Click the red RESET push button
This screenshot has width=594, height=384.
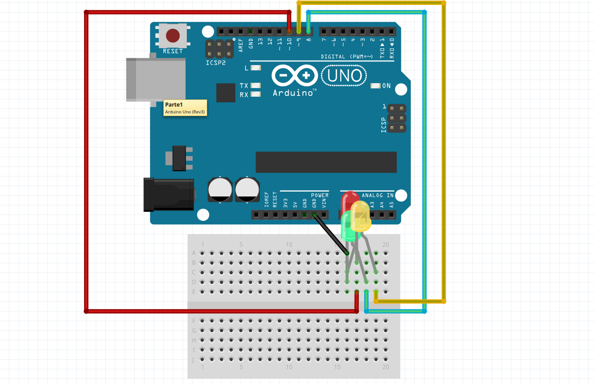pyautogui.click(x=172, y=35)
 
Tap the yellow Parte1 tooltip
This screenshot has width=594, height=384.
pyautogui.click(x=185, y=108)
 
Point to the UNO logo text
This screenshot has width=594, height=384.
pyautogui.click(x=344, y=76)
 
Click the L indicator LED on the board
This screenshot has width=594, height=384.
pyautogui.click(x=256, y=68)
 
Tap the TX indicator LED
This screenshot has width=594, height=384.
pyautogui.click(x=256, y=85)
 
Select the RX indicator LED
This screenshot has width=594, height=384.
pyautogui.click(x=256, y=94)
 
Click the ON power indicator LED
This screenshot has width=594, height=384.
pyautogui.click(x=375, y=86)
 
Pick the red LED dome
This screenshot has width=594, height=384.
pyautogui.click(x=349, y=199)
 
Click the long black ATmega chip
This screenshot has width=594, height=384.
pyautogui.click(x=326, y=162)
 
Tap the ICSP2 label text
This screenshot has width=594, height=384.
pyautogui.click(x=215, y=63)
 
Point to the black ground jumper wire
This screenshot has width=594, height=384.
pyautogui.click(x=331, y=235)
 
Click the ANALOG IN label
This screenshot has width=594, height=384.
pyautogui.click(x=377, y=195)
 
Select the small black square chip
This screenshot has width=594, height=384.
pyautogui.click(x=226, y=93)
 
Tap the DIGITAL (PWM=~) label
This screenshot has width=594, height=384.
pyautogui.click(x=347, y=56)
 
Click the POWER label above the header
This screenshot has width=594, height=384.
pyautogui.click(x=319, y=195)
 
